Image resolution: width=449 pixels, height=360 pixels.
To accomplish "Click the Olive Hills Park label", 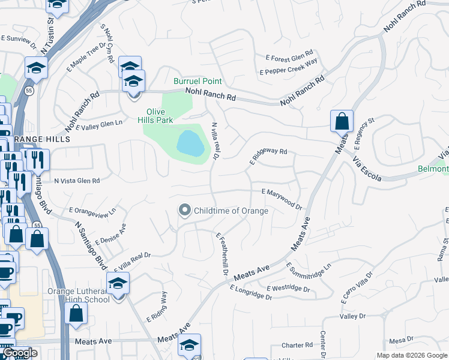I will [160, 116].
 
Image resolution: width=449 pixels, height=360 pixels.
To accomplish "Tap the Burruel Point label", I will [197, 81].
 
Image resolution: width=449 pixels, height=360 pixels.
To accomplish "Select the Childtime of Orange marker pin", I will [184, 210].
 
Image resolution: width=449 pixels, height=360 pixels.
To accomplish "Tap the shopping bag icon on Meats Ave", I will [342, 121].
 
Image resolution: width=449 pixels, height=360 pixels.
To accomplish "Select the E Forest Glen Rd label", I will [290, 58].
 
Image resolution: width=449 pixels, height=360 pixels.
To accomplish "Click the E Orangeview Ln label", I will [92, 210].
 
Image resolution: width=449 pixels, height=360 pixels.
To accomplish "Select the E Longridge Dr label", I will [255, 292].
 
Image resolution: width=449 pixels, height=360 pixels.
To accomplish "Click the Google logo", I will [20, 353].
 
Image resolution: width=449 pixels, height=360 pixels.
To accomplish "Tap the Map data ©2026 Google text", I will [411, 355].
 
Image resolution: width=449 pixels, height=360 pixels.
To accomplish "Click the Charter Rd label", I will [297, 345].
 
